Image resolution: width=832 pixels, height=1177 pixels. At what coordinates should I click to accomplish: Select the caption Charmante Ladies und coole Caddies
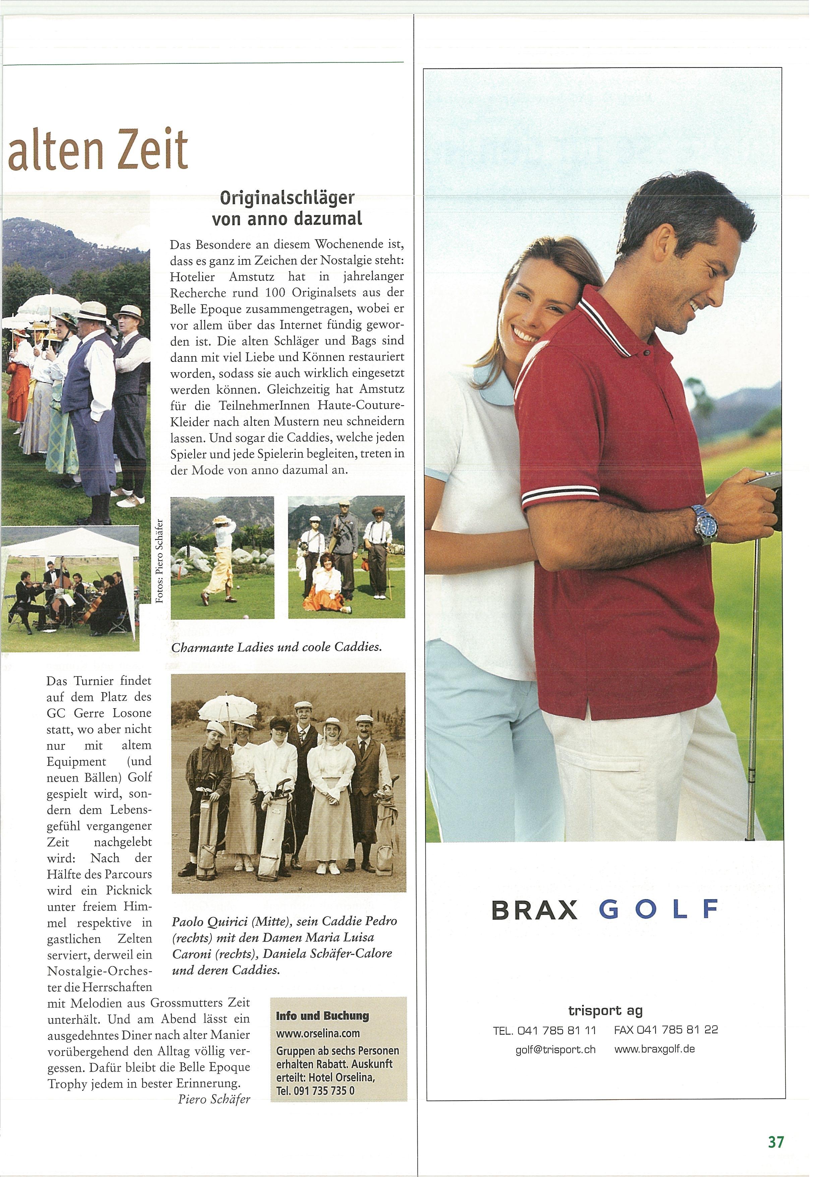(277, 647)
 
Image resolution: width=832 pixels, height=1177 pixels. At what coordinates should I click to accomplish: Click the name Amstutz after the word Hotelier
(251, 277)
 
